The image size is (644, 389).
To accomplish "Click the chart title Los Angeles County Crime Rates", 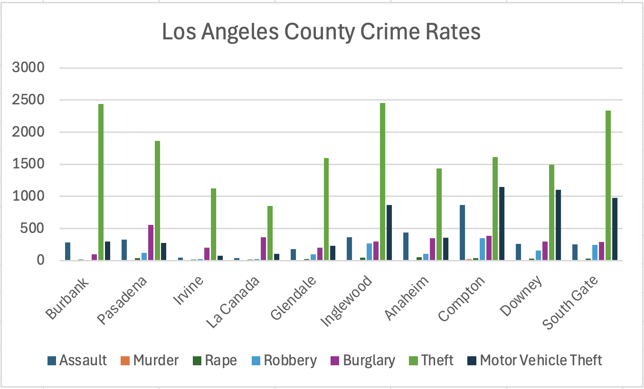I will click(x=321, y=32).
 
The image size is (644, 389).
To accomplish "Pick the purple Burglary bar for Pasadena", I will click(x=151, y=242).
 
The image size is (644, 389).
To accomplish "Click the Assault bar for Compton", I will click(x=462, y=232).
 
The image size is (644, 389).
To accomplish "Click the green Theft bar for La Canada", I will click(x=270, y=233).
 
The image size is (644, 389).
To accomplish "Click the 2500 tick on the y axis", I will click(x=29, y=100).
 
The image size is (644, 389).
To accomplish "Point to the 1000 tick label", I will click(x=29, y=196).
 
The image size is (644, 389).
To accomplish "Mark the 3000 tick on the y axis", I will click(x=29, y=68).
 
